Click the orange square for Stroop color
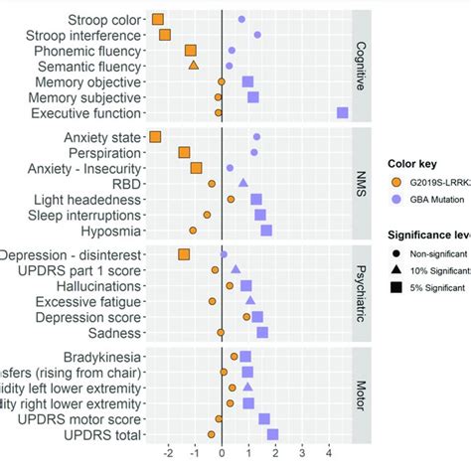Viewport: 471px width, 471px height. click(159, 19)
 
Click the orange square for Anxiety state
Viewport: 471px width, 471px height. click(154, 136)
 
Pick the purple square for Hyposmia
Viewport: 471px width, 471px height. click(266, 231)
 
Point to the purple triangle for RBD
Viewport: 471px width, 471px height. click(242, 183)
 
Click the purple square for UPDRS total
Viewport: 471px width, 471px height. click(272, 434)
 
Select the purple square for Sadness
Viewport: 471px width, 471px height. click(262, 333)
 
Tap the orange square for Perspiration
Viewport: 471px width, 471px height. click(184, 152)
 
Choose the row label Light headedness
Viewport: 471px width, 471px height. click(86, 199)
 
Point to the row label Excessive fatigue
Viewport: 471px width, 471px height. click(88, 301)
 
